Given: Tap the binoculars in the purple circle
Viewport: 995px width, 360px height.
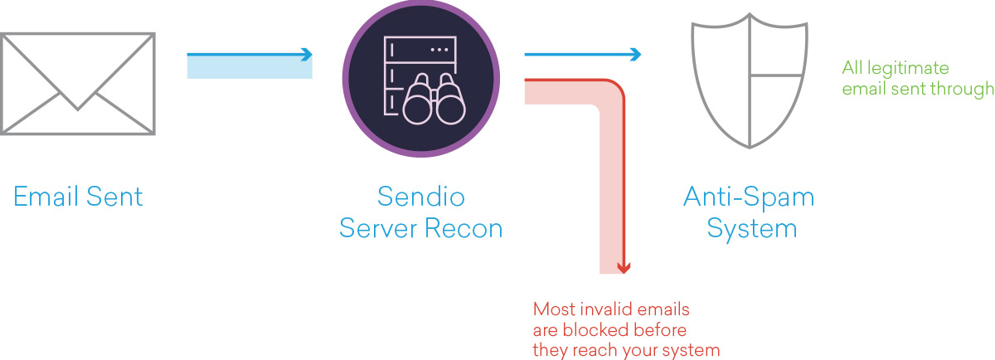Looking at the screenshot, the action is coord(434,100).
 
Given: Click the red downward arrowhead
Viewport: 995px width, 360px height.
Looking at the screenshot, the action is coord(624,268).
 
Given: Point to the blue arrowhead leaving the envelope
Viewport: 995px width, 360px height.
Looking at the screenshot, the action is coord(307,54).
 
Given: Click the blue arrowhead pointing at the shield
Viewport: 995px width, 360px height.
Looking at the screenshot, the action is coord(636,54).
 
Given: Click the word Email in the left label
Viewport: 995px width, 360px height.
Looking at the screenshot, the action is coord(46,197).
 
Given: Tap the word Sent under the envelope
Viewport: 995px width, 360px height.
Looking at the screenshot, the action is coord(114,197).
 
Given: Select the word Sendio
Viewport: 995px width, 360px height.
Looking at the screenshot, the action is coord(420,197).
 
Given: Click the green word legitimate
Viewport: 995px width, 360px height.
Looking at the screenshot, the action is coord(908,69).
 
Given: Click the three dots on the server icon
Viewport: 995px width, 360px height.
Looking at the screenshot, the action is coord(439,49).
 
